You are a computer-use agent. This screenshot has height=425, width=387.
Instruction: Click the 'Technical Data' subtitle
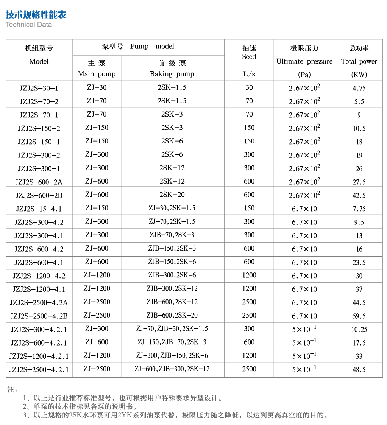29,25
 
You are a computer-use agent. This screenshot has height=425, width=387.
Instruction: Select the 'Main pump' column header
97,74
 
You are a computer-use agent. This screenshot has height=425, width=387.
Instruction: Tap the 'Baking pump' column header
172,74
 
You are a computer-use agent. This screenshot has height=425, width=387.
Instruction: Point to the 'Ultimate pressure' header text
304,61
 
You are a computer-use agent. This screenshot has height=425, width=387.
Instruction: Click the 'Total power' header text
359,61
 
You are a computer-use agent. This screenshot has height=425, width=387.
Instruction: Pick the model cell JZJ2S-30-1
39,88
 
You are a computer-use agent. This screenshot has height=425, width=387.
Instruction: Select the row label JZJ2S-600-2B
39,195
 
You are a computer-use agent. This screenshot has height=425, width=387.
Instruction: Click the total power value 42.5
359,196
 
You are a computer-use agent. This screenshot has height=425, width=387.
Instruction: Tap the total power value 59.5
359,316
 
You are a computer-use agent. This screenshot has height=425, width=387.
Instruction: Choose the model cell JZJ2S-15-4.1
39,209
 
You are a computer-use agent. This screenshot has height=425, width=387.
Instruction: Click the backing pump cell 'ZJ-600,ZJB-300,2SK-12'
172,369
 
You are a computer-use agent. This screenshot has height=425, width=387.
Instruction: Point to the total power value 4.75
359,89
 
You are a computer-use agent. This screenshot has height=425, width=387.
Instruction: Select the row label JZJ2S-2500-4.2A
39,302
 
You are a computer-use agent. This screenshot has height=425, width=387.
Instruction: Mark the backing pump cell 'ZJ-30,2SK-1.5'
172,208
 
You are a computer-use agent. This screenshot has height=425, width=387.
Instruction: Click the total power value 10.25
359,330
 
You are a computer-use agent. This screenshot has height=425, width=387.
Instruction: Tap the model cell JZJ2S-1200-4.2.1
39,356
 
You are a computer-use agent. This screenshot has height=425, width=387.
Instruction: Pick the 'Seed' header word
249,57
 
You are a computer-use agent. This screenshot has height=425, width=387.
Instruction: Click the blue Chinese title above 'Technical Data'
36,14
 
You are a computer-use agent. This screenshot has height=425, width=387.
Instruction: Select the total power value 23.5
359,263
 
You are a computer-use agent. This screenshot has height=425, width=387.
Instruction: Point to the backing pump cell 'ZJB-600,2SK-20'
172,315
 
